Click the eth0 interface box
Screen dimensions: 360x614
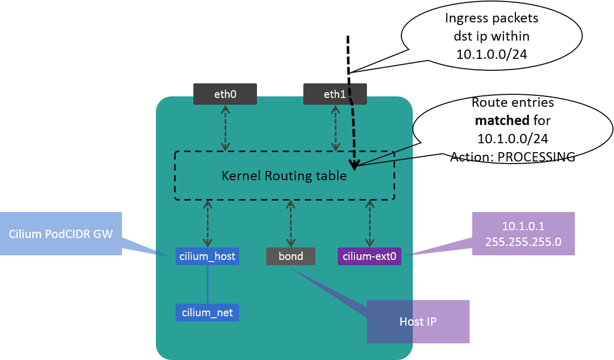(x=225, y=94)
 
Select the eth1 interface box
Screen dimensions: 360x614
(x=335, y=94)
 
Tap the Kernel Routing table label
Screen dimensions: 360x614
(x=284, y=176)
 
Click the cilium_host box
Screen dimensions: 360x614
(x=207, y=256)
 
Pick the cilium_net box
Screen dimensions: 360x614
(x=207, y=313)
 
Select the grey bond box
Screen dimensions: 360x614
(x=291, y=256)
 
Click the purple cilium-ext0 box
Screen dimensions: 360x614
(x=369, y=256)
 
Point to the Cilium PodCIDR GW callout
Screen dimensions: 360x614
(x=60, y=233)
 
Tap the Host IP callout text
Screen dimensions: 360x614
(x=417, y=321)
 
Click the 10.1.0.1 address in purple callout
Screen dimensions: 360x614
(x=523, y=227)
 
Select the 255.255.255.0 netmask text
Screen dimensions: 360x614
(x=523, y=242)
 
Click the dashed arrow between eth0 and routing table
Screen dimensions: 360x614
(x=225, y=128)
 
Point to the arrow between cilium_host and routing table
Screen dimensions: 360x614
(x=207, y=224)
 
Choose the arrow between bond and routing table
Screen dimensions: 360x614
(x=290, y=224)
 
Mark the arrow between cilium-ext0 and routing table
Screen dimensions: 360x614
(x=370, y=224)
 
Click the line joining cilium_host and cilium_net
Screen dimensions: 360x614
(x=207, y=284)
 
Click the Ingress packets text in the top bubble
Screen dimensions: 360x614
(x=491, y=19)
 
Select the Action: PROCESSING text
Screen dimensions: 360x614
(x=512, y=157)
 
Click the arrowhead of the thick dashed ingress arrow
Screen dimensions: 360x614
(x=354, y=166)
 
